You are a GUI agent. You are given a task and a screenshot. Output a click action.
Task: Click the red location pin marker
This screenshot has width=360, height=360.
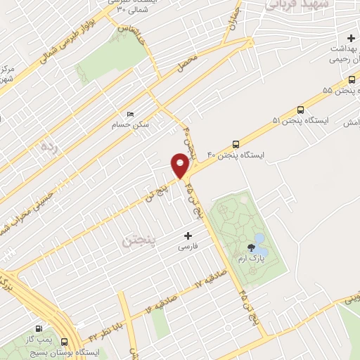pyautogui.click(x=180, y=166)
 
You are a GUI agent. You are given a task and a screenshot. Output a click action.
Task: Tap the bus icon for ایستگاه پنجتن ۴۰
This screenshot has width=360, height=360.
pyautogui.click(x=235, y=142)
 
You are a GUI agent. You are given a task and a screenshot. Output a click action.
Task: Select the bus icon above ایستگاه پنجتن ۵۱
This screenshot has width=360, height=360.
pyautogui.click(x=301, y=110)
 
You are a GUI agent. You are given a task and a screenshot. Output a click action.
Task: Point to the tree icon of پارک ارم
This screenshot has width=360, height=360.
pyautogui.click(x=252, y=245)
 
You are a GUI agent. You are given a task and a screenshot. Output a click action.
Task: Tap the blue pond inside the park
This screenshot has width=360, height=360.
pyautogui.click(x=260, y=245)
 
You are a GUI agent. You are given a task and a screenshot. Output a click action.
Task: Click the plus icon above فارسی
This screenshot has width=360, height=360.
pyautogui.click(x=187, y=236)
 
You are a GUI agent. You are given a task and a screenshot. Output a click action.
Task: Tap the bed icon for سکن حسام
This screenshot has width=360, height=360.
pyautogui.click(x=129, y=114)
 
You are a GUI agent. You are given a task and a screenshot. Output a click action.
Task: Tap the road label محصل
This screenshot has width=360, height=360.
pyautogui.click(x=188, y=63)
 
